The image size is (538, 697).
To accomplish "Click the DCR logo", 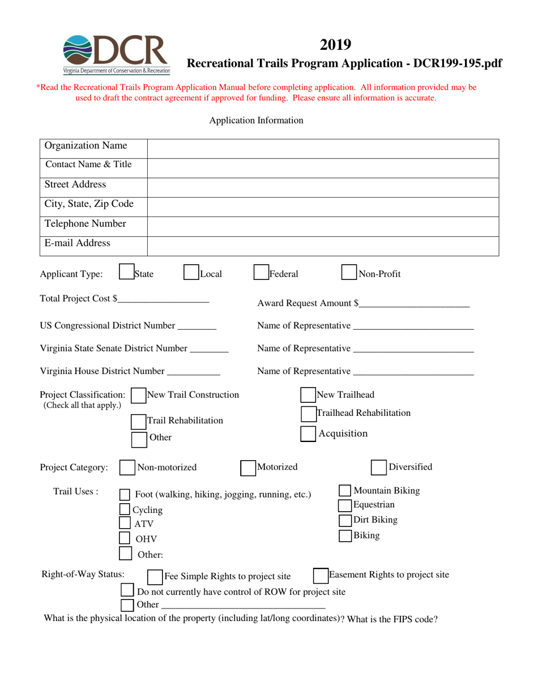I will tap(116, 54).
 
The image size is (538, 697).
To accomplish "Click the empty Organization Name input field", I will tap(323, 148).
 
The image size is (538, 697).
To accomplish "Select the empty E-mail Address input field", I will tap(323, 245).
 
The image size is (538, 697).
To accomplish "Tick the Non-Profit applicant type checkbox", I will tap(349, 274).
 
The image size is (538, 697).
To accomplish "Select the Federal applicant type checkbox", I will tap(261, 274).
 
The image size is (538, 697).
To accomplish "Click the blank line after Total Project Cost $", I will tap(164, 299).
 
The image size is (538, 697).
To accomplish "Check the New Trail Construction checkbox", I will tap(138, 396).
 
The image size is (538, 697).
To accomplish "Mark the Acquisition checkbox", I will tap(308, 434).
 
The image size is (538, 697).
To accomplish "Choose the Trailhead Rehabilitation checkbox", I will tap(308, 414).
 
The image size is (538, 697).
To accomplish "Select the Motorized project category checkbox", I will tap(248, 467).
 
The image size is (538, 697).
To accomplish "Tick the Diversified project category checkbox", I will tap(378, 467).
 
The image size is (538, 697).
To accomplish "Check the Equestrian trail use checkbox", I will tap(344, 505).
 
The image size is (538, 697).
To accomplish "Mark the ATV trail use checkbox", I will tap(126, 524).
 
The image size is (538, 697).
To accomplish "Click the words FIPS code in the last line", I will tap(416, 619).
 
